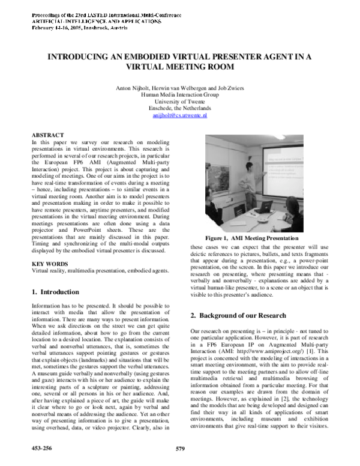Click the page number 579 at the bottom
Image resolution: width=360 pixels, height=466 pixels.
point(179,448)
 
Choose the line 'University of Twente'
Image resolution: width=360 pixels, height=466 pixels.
point(180,101)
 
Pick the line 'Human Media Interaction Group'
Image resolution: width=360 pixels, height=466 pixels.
point(180,95)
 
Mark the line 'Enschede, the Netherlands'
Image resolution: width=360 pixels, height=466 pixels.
point(180,108)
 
